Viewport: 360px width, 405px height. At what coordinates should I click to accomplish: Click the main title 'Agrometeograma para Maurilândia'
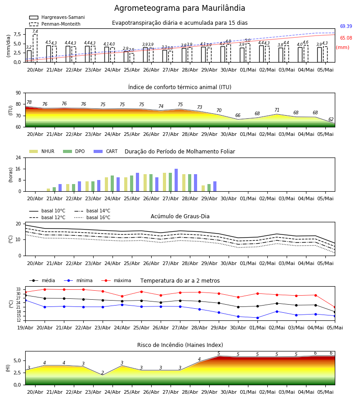pyautogui.click(x=180, y=8)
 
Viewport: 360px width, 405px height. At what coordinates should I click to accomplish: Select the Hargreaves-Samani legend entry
pyautogui.click(x=57, y=17)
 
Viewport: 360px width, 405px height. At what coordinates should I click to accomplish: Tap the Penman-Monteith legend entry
pyautogui.click(x=55, y=24)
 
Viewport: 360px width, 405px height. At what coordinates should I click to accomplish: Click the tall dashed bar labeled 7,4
pyautogui.click(x=35, y=48)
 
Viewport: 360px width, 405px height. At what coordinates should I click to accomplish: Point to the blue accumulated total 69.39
pyautogui.click(x=346, y=27)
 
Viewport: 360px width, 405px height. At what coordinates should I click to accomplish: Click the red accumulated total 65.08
pyautogui.click(x=346, y=38)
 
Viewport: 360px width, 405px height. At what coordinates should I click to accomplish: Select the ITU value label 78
pyautogui.click(x=29, y=102)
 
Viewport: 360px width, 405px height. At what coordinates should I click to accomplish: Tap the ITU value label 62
pyautogui.click(x=331, y=119)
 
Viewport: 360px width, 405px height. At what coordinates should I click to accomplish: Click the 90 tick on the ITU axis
pyautogui.click(x=18, y=93)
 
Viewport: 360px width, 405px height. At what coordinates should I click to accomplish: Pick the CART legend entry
pyautogui.click(x=106, y=151)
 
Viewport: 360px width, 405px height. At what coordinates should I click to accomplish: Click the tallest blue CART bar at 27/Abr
pyautogui.click(x=176, y=180)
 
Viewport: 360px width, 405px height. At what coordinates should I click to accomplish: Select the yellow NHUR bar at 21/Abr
pyautogui.click(x=48, y=190)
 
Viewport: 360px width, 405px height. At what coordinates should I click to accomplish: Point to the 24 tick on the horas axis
pyautogui.click(x=18, y=157)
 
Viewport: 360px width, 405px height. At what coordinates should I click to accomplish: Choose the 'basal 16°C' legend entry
pyautogui.click(x=92, y=218)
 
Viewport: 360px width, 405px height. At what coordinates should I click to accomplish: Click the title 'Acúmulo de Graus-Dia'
pyautogui.click(x=180, y=216)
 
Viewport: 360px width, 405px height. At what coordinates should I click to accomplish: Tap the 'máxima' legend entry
pyautogui.click(x=116, y=280)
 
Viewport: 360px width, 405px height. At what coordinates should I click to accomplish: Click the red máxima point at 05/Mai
pyautogui.click(x=335, y=307)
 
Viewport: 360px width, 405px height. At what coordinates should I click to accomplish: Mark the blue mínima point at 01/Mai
pyautogui.click(x=257, y=318)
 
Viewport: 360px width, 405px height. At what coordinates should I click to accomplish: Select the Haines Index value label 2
pyautogui.click(x=103, y=373)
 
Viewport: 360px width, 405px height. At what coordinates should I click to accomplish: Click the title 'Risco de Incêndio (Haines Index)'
pyautogui.click(x=180, y=345)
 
